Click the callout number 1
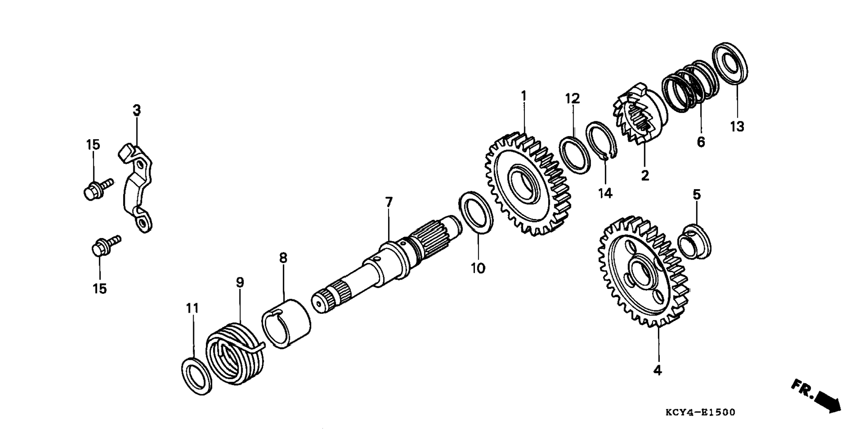(524, 96)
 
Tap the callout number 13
(737, 127)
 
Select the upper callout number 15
(93, 144)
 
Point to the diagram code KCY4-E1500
(700, 412)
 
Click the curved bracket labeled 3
(136, 187)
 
